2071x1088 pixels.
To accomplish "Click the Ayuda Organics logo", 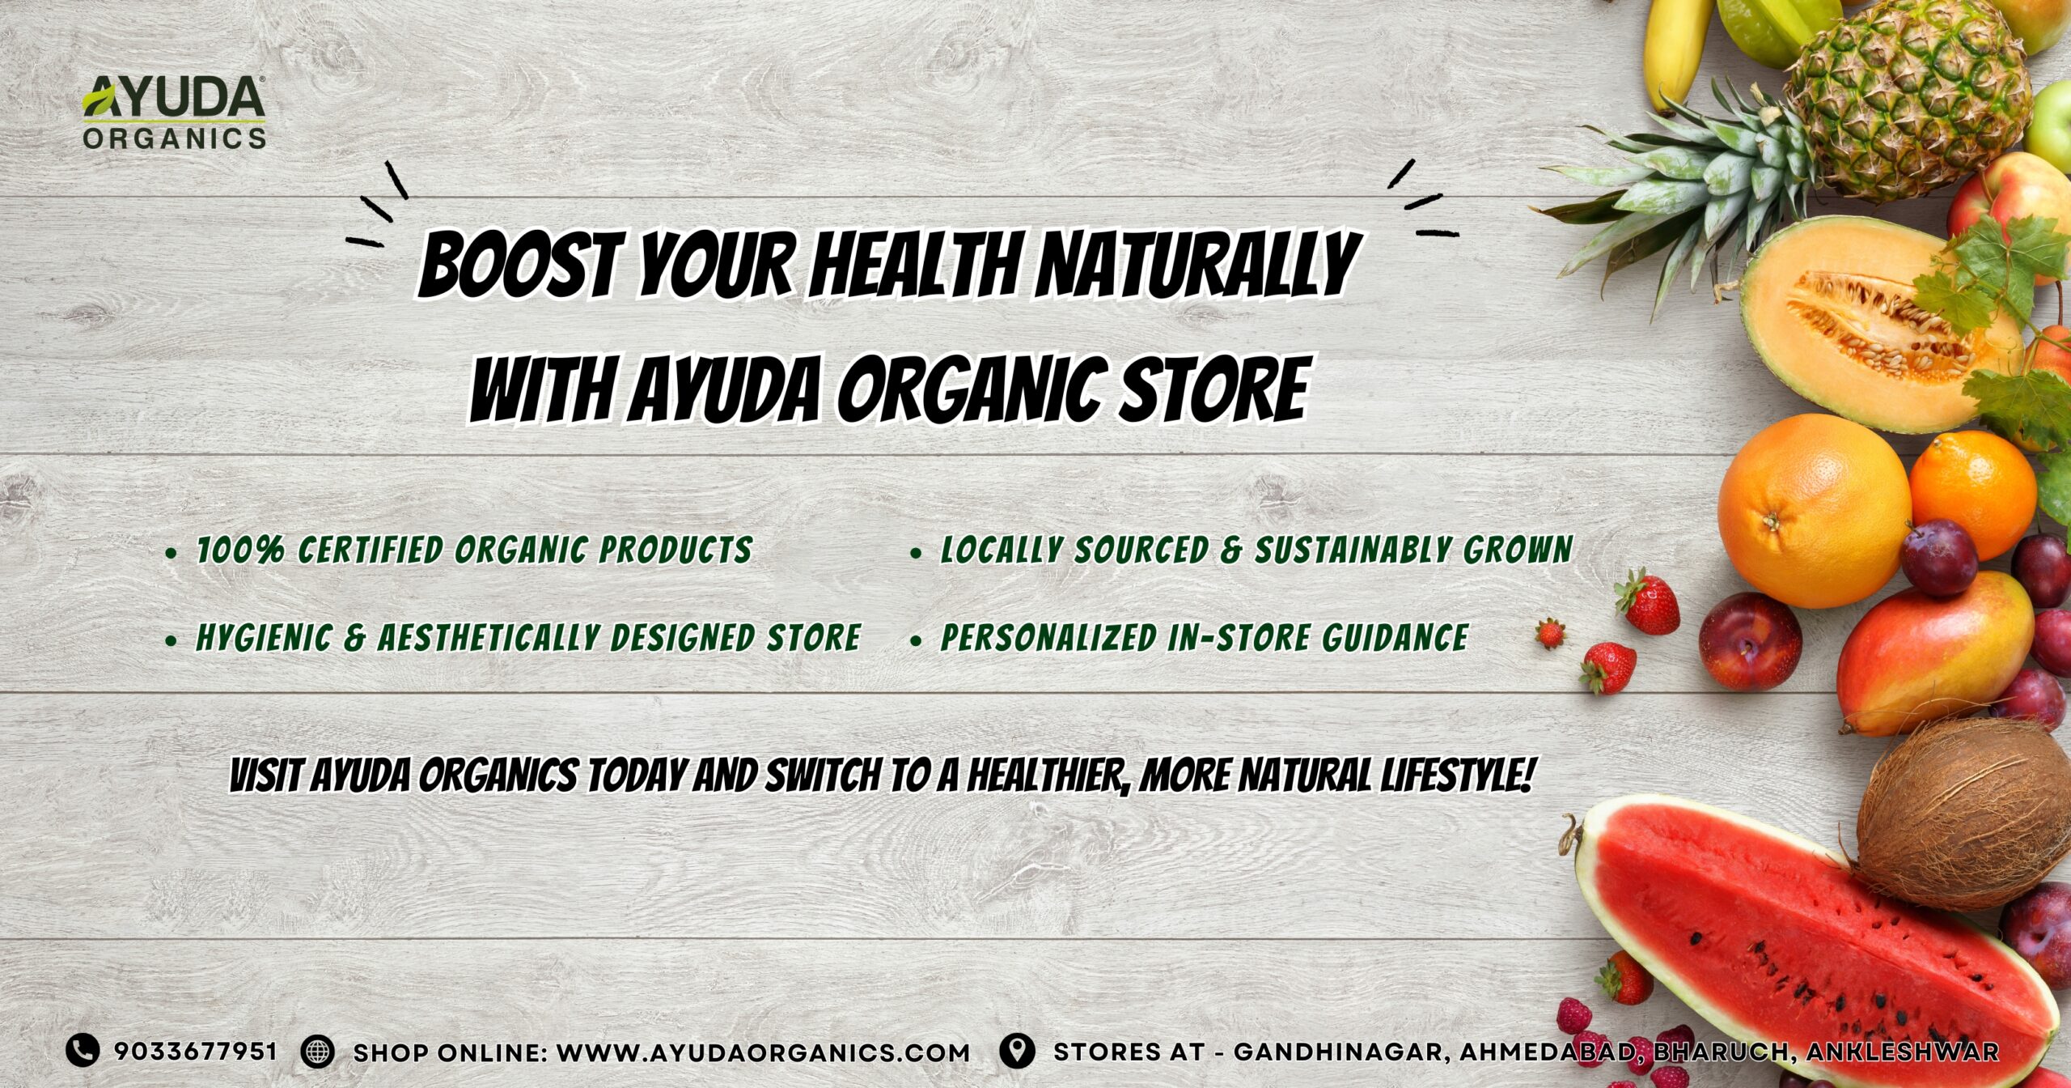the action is click(x=174, y=113).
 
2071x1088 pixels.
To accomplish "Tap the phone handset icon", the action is click(x=82, y=1051).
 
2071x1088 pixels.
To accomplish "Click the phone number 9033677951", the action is click(x=196, y=1052).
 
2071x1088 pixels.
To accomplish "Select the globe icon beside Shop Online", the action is click(x=317, y=1052).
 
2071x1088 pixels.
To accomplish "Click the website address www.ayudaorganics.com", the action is click(x=764, y=1052).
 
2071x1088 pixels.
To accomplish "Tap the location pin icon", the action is click(x=1017, y=1051).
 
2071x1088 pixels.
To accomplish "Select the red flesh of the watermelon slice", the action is click(x=1804, y=947).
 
